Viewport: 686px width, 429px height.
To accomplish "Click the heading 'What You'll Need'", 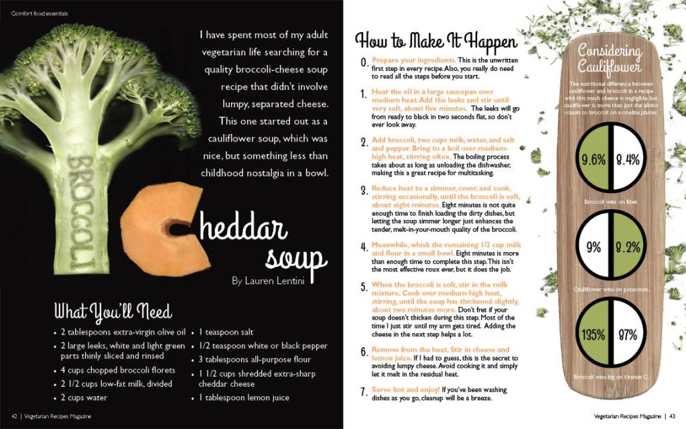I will [x=113, y=311].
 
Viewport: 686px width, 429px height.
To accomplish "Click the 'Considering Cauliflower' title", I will [x=610, y=58].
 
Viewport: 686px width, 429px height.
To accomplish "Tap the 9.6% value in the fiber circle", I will [x=594, y=159].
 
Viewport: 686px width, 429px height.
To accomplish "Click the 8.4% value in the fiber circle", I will [x=628, y=159].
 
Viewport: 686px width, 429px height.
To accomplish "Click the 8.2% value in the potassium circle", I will [x=628, y=247].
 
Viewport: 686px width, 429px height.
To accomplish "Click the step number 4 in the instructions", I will [x=364, y=247].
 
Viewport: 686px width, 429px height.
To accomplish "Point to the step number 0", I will [x=364, y=62].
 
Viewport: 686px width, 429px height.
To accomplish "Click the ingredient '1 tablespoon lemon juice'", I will [x=244, y=397].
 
